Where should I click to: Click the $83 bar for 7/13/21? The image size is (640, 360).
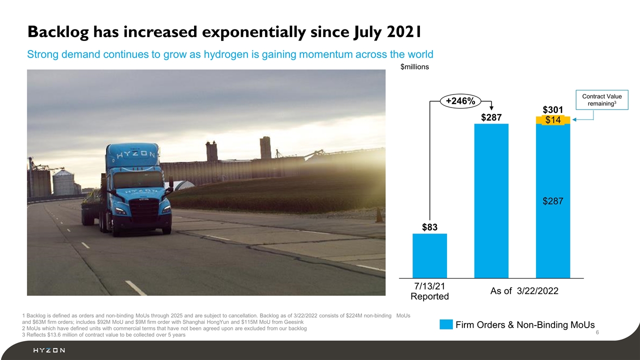429,255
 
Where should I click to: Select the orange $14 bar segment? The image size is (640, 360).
553,120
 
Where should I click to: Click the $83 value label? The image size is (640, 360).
429,227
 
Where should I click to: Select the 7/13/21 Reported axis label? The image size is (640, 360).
429,291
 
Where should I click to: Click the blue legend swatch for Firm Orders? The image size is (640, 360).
446,324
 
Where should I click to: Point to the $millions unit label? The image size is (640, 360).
414,66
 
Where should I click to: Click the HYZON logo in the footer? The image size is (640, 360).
48,350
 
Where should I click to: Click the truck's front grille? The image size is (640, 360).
145,210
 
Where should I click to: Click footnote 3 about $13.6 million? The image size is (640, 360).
104,334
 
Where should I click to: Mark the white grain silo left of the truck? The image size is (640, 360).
63,182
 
